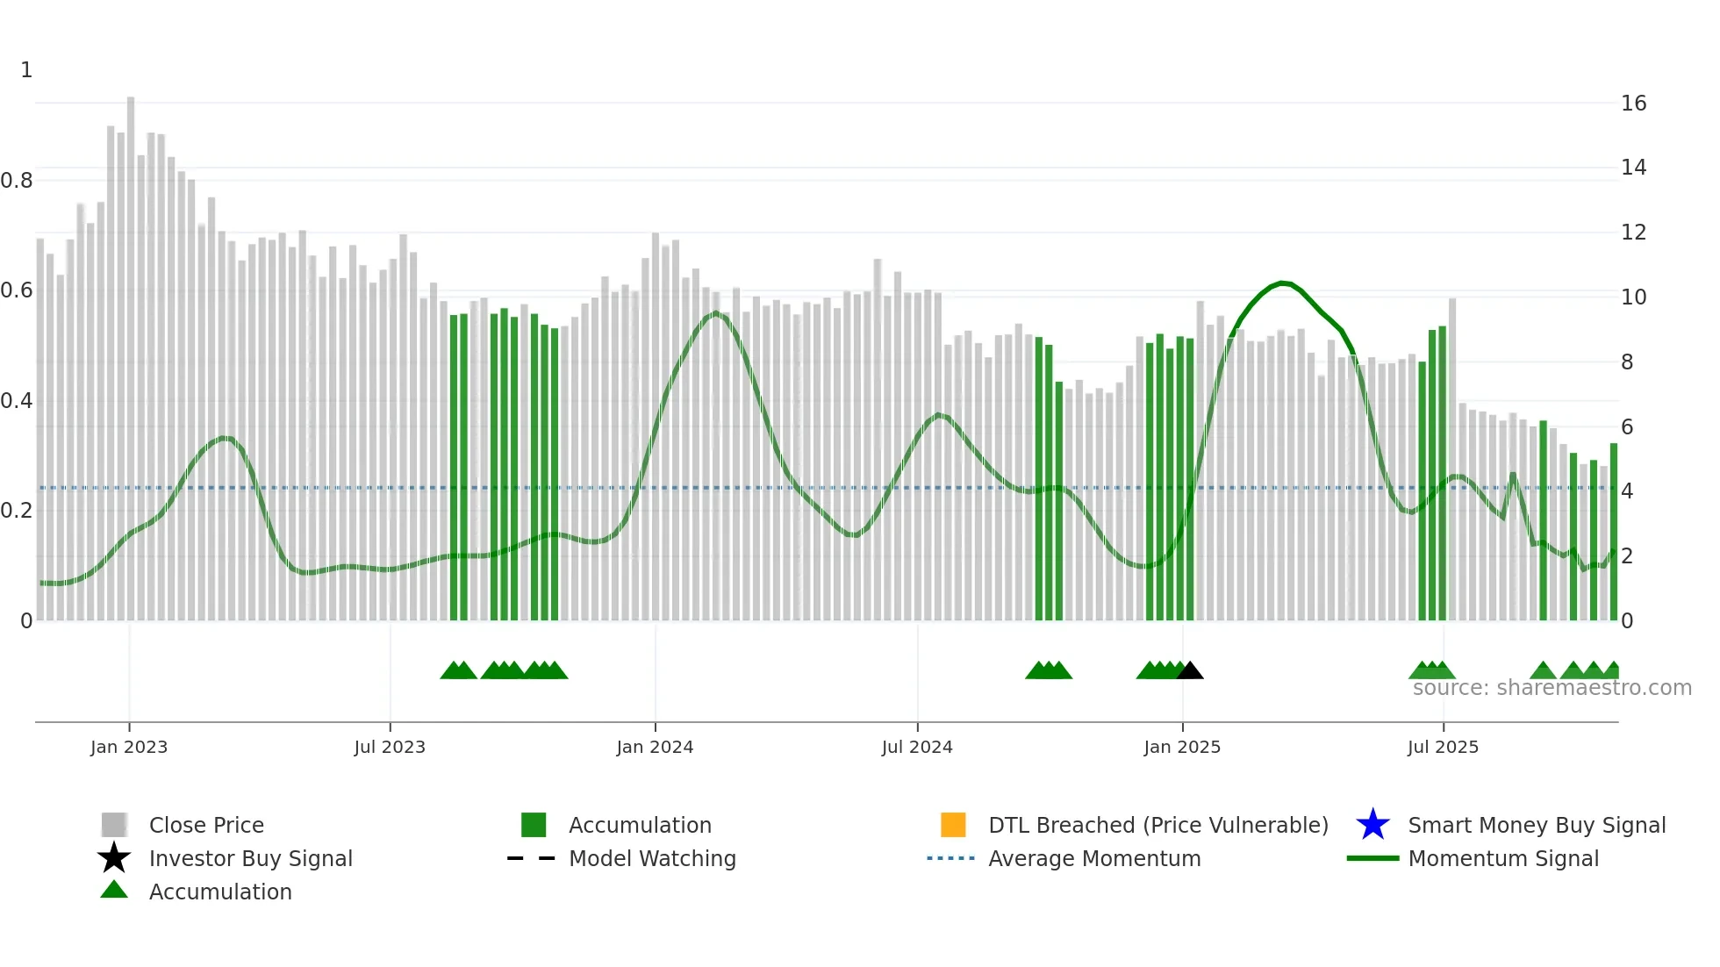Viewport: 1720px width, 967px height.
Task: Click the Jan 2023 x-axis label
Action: click(128, 747)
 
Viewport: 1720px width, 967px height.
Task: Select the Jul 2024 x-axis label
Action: click(916, 747)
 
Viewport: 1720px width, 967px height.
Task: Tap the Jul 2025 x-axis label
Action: click(1443, 747)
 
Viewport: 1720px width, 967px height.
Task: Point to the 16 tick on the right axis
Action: click(1633, 104)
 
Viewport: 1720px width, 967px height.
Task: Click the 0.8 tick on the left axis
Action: click(17, 181)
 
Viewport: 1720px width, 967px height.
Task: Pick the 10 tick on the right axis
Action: click(1633, 297)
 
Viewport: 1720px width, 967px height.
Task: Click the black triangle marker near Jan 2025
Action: click(1190, 671)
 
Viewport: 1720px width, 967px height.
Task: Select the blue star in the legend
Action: click(1372, 825)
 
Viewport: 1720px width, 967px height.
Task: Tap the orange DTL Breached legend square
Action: click(953, 825)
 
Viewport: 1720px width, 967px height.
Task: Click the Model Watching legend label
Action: click(652, 858)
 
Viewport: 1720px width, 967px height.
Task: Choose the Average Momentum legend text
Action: click(1094, 858)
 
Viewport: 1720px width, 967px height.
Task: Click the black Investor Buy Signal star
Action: click(114, 858)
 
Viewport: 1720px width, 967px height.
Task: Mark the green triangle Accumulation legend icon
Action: click(114, 890)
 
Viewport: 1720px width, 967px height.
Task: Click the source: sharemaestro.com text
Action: click(1552, 688)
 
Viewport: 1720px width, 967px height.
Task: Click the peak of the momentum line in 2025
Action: click(1283, 283)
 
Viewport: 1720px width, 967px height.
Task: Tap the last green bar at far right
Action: click(1613, 531)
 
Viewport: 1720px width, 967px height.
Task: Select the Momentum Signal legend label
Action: click(1503, 858)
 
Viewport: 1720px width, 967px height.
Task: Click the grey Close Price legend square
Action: click(114, 825)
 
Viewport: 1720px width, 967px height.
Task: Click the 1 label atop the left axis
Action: click(26, 70)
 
